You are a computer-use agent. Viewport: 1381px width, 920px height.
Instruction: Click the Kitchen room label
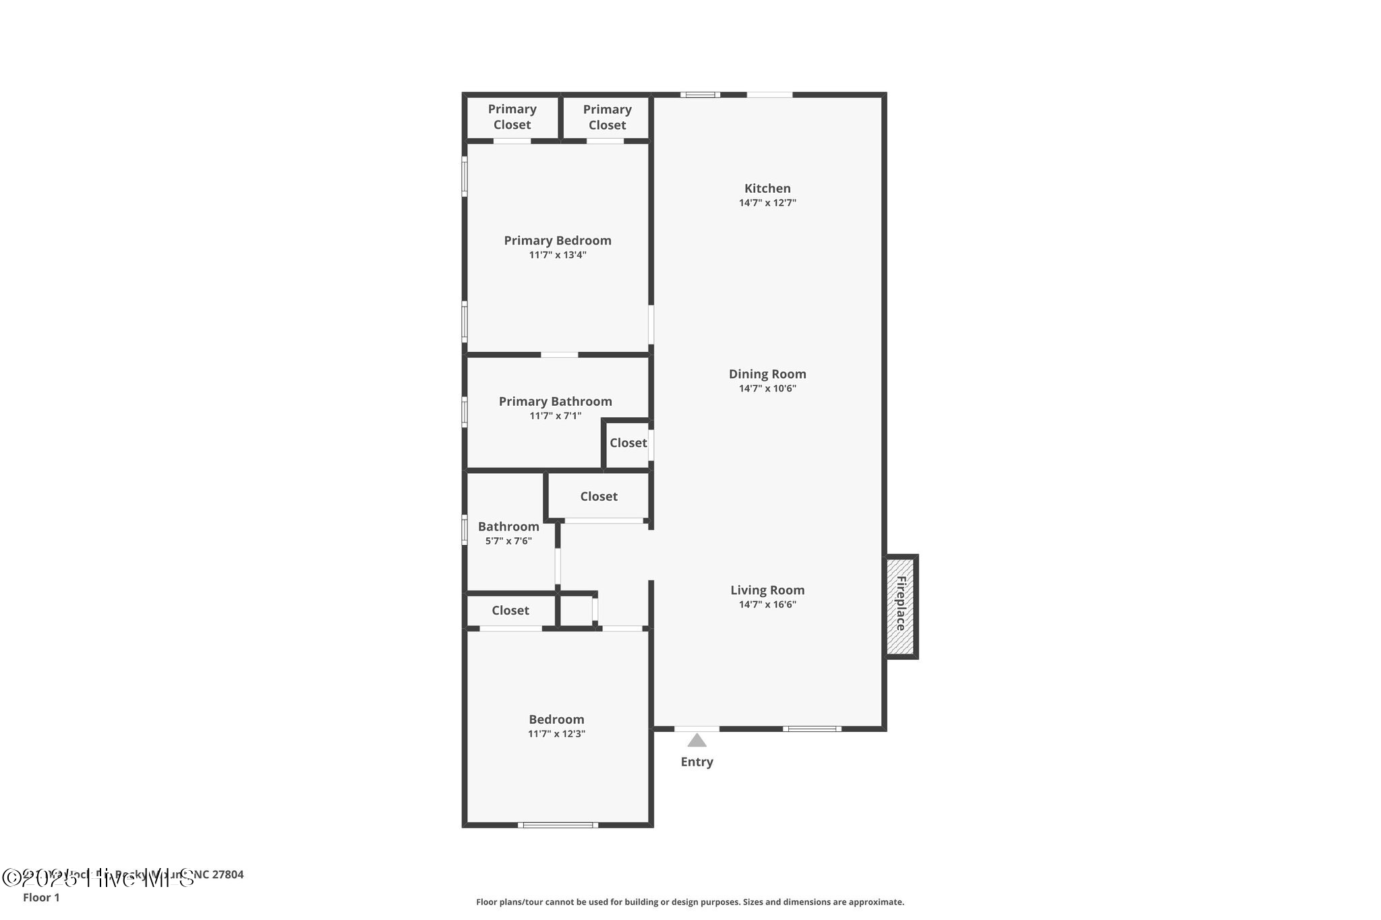(767, 189)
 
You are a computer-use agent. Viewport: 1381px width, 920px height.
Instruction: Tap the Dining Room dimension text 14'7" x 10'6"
(767, 388)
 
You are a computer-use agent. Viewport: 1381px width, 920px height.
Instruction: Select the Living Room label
(767, 590)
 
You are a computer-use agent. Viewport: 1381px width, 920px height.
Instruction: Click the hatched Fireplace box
(901, 606)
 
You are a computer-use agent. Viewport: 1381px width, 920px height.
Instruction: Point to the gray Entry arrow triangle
(697, 741)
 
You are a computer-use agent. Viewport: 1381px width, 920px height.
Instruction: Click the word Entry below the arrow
(697, 762)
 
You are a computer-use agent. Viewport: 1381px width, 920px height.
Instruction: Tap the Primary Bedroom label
(558, 241)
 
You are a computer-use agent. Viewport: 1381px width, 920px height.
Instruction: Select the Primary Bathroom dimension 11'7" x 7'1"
(555, 416)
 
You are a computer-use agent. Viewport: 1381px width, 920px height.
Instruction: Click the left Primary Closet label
(512, 117)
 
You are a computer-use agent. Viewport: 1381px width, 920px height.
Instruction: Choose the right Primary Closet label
(607, 117)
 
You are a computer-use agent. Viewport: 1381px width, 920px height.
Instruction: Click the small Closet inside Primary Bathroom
(628, 443)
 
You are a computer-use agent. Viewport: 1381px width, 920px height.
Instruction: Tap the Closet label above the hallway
(599, 496)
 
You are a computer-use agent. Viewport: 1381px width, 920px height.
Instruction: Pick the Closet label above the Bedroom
(510, 610)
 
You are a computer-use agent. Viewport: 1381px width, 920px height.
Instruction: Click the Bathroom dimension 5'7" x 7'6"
(508, 541)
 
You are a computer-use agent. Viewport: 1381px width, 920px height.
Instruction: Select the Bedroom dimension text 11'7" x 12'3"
(556, 733)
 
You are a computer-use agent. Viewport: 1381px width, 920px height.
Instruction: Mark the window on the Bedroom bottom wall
(558, 824)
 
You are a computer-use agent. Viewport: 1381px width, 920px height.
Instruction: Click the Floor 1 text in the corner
(41, 897)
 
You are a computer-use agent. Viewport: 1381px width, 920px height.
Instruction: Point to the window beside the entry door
(812, 729)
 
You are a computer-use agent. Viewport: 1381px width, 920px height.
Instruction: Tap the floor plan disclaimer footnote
(690, 902)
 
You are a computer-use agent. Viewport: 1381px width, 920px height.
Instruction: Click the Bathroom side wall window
(465, 530)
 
